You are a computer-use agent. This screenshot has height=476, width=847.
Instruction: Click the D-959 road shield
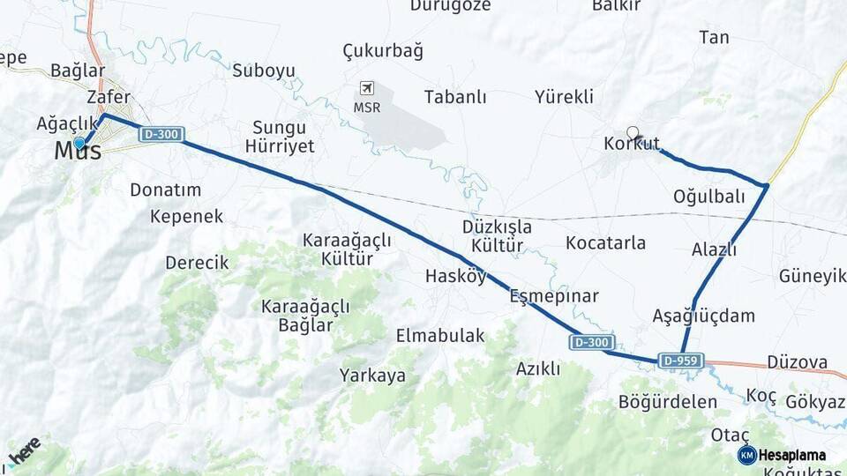681,361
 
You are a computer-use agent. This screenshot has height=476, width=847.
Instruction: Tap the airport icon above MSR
367,88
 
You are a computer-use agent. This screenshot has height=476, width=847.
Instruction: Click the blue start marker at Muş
79,143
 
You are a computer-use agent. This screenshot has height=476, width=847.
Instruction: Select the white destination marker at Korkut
633,132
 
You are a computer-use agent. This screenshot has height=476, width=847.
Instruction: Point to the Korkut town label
632,145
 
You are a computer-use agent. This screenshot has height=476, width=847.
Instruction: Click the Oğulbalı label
709,197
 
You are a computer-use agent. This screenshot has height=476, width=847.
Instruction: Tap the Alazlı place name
714,249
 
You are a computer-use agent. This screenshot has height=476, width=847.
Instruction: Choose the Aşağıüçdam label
704,316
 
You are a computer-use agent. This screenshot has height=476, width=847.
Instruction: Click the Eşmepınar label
554,296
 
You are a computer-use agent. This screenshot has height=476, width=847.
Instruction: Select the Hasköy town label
455,276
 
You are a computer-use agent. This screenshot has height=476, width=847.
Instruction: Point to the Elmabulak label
440,335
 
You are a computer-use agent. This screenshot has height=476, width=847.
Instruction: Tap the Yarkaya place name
372,376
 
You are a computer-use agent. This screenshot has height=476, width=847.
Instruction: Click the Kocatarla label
606,242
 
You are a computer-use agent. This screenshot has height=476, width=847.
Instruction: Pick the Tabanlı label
455,97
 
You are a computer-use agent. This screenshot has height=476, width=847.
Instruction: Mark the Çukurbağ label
383,50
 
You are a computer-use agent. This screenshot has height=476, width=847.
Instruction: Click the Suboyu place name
264,71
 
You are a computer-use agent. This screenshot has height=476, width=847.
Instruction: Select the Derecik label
197,263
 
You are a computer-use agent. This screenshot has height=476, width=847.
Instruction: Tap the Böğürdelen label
668,402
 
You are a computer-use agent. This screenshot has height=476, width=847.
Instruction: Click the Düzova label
798,362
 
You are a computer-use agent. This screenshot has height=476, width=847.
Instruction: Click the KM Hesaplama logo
783,455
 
